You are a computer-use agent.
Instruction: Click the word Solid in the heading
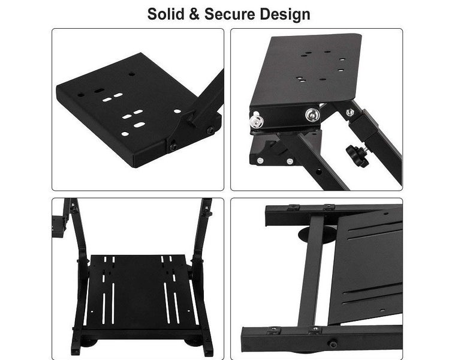(x=165, y=14)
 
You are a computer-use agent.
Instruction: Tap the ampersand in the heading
(x=194, y=14)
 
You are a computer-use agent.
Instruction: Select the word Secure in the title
(x=230, y=14)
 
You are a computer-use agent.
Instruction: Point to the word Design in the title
(x=285, y=14)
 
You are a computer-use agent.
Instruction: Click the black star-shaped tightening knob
(x=357, y=155)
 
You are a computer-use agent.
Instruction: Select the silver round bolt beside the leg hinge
(x=312, y=115)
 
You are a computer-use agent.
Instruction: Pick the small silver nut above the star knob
(x=349, y=112)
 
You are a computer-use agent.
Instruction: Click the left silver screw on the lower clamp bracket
(x=260, y=160)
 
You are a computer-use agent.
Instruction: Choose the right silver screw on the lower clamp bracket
(x=290, y=161)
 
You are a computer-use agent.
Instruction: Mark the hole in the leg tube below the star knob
(x=318, y=172)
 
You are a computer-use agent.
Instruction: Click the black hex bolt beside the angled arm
(x=210, y=130)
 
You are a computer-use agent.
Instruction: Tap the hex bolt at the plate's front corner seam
(x=173, y=146)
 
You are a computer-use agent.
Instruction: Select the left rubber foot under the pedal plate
(x=89, y=343)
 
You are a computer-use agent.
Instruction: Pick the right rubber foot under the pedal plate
(x=193, y=343)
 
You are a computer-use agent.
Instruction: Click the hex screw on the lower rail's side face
(x=333, y=344)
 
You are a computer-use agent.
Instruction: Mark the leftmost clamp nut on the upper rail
(x=293, y=207)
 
